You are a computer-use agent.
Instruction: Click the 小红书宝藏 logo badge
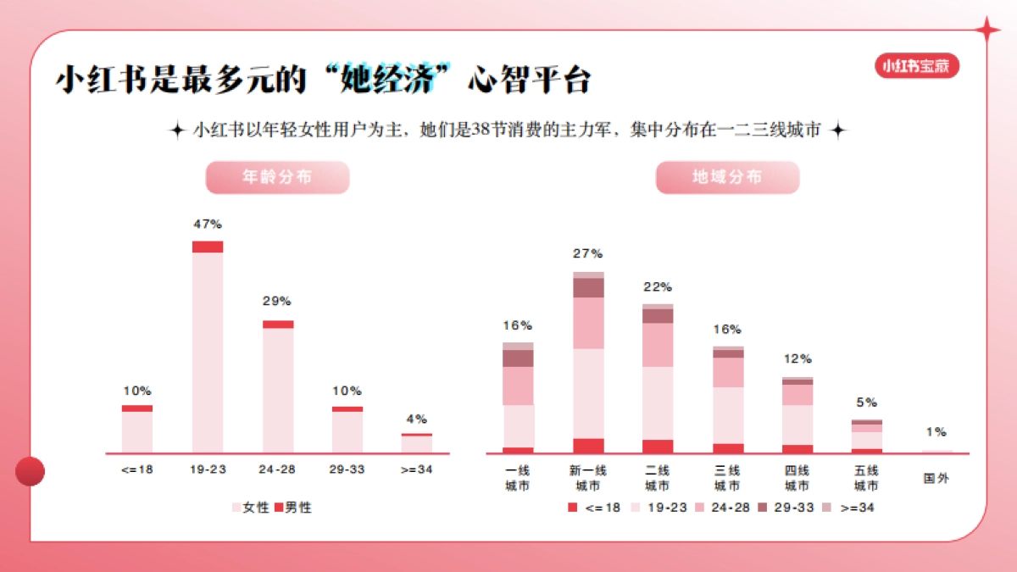coord(917,65)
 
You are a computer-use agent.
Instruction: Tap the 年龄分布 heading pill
coord(277,178)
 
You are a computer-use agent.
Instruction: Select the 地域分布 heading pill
coord(727,178)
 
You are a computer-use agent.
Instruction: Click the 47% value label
coord(208,225)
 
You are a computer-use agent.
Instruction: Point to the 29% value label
coord(277,301)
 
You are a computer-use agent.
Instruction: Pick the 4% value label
coord(417,419)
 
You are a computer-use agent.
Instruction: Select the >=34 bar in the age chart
coord(417,443)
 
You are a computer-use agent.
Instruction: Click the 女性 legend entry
coord(251,508)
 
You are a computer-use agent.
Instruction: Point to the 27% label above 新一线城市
coord(588,253)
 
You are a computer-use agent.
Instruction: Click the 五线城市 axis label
coord(866,478)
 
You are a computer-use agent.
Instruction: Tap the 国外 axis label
coord(936,478)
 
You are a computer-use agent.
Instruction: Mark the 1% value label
coord(936,432)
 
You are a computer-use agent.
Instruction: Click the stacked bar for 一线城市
coord(518,398)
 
